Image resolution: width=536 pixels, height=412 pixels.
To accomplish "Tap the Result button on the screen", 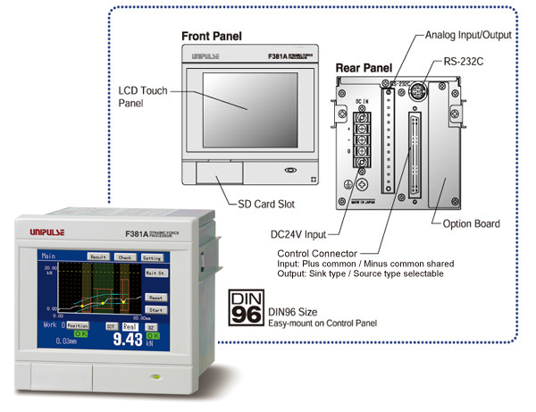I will (x=98, y=256).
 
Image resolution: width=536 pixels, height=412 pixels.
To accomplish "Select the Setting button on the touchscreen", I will (x=152, y=256).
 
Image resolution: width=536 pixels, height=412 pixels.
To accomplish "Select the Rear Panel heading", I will (x=364, y=67).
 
